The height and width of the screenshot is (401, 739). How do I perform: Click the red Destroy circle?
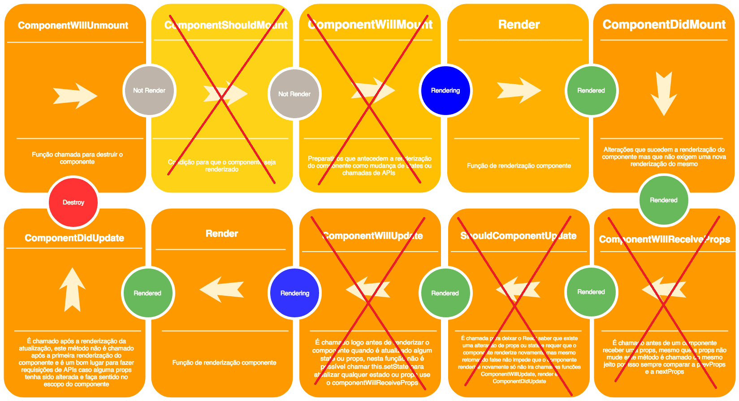coord(73,202)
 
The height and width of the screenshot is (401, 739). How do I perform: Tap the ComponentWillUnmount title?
coord(73,26)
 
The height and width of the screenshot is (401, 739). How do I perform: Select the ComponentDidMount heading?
coord(664,25)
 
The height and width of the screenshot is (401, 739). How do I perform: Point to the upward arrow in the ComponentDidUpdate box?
coord(72,290)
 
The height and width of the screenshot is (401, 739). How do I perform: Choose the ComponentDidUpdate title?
coord(74,238)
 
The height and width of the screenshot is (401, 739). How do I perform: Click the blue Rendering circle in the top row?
coord(445,90)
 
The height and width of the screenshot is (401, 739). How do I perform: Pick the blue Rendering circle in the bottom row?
coord(295,293)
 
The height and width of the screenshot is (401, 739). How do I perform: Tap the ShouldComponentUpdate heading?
coord(519,236)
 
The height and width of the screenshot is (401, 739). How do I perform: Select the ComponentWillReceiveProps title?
coord(664,239)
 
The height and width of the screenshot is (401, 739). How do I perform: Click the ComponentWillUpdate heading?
coord(372,236)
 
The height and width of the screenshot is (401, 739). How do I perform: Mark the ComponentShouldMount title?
coord(226,25)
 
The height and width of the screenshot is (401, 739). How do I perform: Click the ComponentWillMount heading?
coord(370,25)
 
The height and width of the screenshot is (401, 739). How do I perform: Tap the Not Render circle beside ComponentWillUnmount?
coord(149,90)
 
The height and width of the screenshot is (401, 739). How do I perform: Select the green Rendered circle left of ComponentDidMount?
coord(591,90)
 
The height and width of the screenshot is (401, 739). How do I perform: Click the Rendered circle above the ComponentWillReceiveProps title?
coord(664,200)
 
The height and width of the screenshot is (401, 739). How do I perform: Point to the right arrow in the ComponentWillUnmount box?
coord(75,96)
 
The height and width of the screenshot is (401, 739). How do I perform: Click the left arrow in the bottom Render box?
coord(222,289)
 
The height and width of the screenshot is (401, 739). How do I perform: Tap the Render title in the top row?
coord(519,25)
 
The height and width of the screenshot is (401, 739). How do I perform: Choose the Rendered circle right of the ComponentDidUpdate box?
coord(147,293)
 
